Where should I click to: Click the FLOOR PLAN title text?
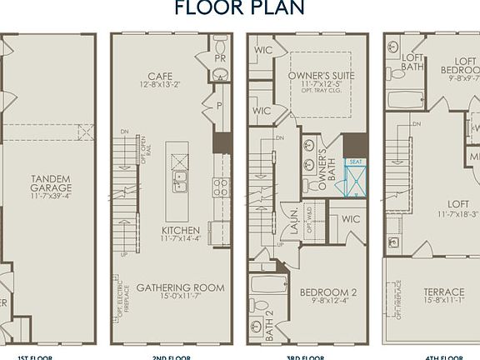(240, 8)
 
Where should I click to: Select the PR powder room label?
(221, 60)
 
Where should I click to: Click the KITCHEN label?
(180, 228)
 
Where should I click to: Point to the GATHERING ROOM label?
(180, 287)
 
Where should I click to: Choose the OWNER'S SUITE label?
(321, 75)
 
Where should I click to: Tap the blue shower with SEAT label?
(356, 177)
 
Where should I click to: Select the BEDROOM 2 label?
(328, 292)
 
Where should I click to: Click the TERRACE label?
(443, 292)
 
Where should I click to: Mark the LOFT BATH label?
(412, 62)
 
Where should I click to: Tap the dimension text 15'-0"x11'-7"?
(180, 297)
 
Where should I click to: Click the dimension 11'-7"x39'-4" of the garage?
(50, 196)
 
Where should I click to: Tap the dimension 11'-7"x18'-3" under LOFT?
(444, 213)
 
